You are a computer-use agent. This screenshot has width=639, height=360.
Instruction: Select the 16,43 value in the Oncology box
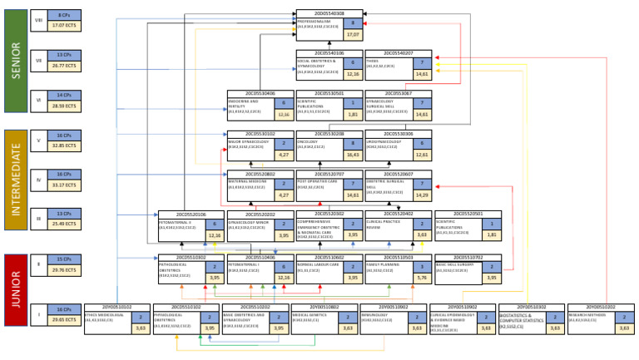point(353,155)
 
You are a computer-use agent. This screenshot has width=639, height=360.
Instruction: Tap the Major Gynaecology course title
point(247,141)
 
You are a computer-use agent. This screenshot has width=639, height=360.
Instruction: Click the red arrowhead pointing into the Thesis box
point(435,57)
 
